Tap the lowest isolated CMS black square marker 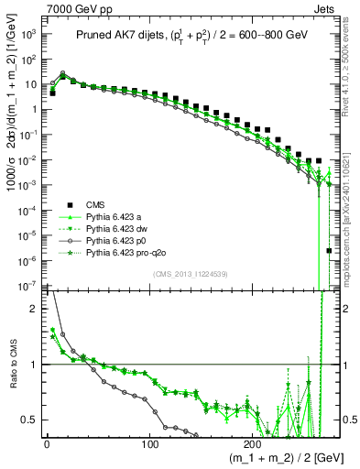point(329,250)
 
